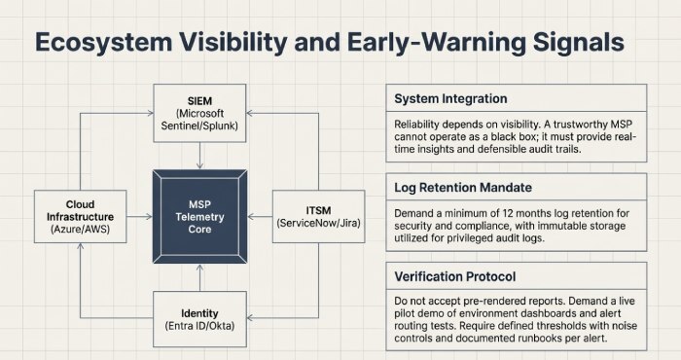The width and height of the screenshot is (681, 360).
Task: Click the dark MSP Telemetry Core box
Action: click(198, 216)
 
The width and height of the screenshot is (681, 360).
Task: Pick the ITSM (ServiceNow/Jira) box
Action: click(321, 216)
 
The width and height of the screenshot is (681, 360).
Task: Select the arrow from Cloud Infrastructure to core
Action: click(132, 216)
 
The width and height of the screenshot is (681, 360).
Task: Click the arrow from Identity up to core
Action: click(198, 279)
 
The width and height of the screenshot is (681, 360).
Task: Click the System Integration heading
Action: click(453, 99)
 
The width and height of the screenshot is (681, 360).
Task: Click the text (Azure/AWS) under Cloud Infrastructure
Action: click(74, 230)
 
